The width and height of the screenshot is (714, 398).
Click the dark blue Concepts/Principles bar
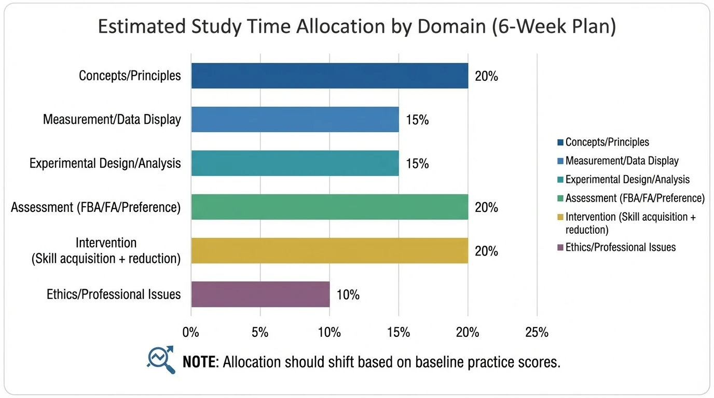click(x=329, y=76)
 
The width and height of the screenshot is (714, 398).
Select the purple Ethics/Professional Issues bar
click(x=260, y=294)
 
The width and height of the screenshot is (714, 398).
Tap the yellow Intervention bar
click(x=329, y=251)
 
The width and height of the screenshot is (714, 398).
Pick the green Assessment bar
click(x=329, y=207)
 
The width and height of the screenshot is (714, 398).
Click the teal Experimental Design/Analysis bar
click(x=295, y=163)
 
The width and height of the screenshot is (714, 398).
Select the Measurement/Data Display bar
click(x=295, y=119)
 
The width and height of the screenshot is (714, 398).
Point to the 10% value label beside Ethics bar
click(x=348, y=295)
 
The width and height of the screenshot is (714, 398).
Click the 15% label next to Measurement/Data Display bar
click(x=417, y=120)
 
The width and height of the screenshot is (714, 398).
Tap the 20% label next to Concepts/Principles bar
click(x=486, y=76)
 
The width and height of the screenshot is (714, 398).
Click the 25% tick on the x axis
click(x=537, y=332)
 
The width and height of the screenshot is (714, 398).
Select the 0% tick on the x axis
click(x=191, y=332)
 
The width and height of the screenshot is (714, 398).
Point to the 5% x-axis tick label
click(x=260, y=332)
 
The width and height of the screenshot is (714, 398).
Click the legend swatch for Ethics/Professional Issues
click(x=560, y=248)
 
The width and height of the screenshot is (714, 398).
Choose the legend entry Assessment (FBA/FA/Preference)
click(x=635, y=198)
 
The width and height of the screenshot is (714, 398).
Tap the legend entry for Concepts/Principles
click(x=607, y=142)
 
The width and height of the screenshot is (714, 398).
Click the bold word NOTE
click(x=199, y=362)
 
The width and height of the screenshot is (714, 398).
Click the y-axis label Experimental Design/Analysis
click(x=105, y=163)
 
